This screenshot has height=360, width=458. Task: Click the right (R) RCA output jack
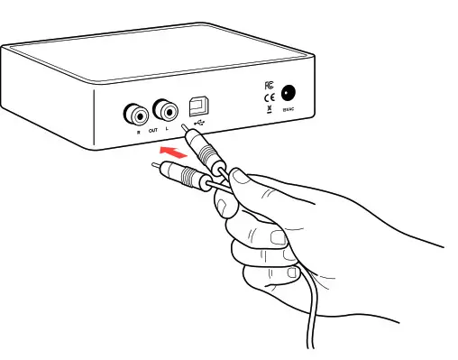point(136,115)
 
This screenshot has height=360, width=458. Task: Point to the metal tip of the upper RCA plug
point(186,127)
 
